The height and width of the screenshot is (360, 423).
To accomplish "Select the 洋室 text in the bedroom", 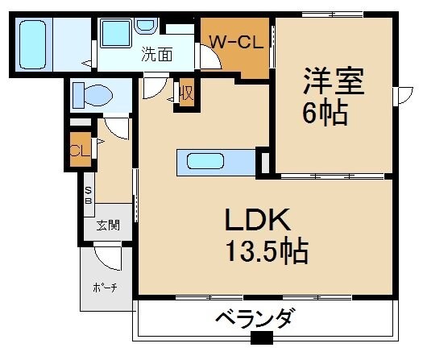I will click(x=334, y=81).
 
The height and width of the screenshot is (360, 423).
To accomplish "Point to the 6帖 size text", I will click(x=326, y=113).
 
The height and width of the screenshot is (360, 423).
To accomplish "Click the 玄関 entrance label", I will click(x=108, y=226).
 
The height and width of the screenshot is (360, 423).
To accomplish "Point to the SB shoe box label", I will click(x=89, y=195).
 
